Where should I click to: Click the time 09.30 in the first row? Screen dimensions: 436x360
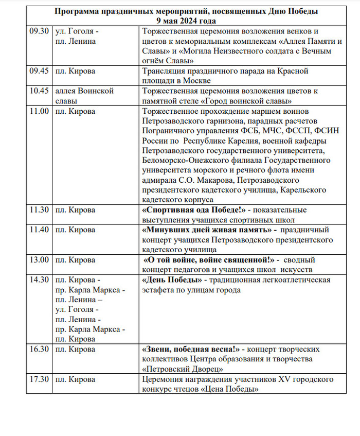[40, 31]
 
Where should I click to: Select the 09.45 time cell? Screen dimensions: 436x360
[40, 71]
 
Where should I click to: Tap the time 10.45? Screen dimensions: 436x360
[40, 91]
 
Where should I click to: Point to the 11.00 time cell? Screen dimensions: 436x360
[40, 111]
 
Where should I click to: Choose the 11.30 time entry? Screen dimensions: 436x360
[40, 210]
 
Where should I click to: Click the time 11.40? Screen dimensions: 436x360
[40, 230]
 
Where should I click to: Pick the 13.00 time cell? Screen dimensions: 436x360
[40, 260]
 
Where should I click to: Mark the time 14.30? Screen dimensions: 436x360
[40, 280]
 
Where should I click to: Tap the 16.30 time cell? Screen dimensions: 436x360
[40, 349]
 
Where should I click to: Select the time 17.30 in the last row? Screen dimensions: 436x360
[40, 379]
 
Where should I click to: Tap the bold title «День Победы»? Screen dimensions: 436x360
[171, 280]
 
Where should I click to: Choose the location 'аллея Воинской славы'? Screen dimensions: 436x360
[84, 96]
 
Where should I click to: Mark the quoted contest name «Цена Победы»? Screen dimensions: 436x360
[229, 389]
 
